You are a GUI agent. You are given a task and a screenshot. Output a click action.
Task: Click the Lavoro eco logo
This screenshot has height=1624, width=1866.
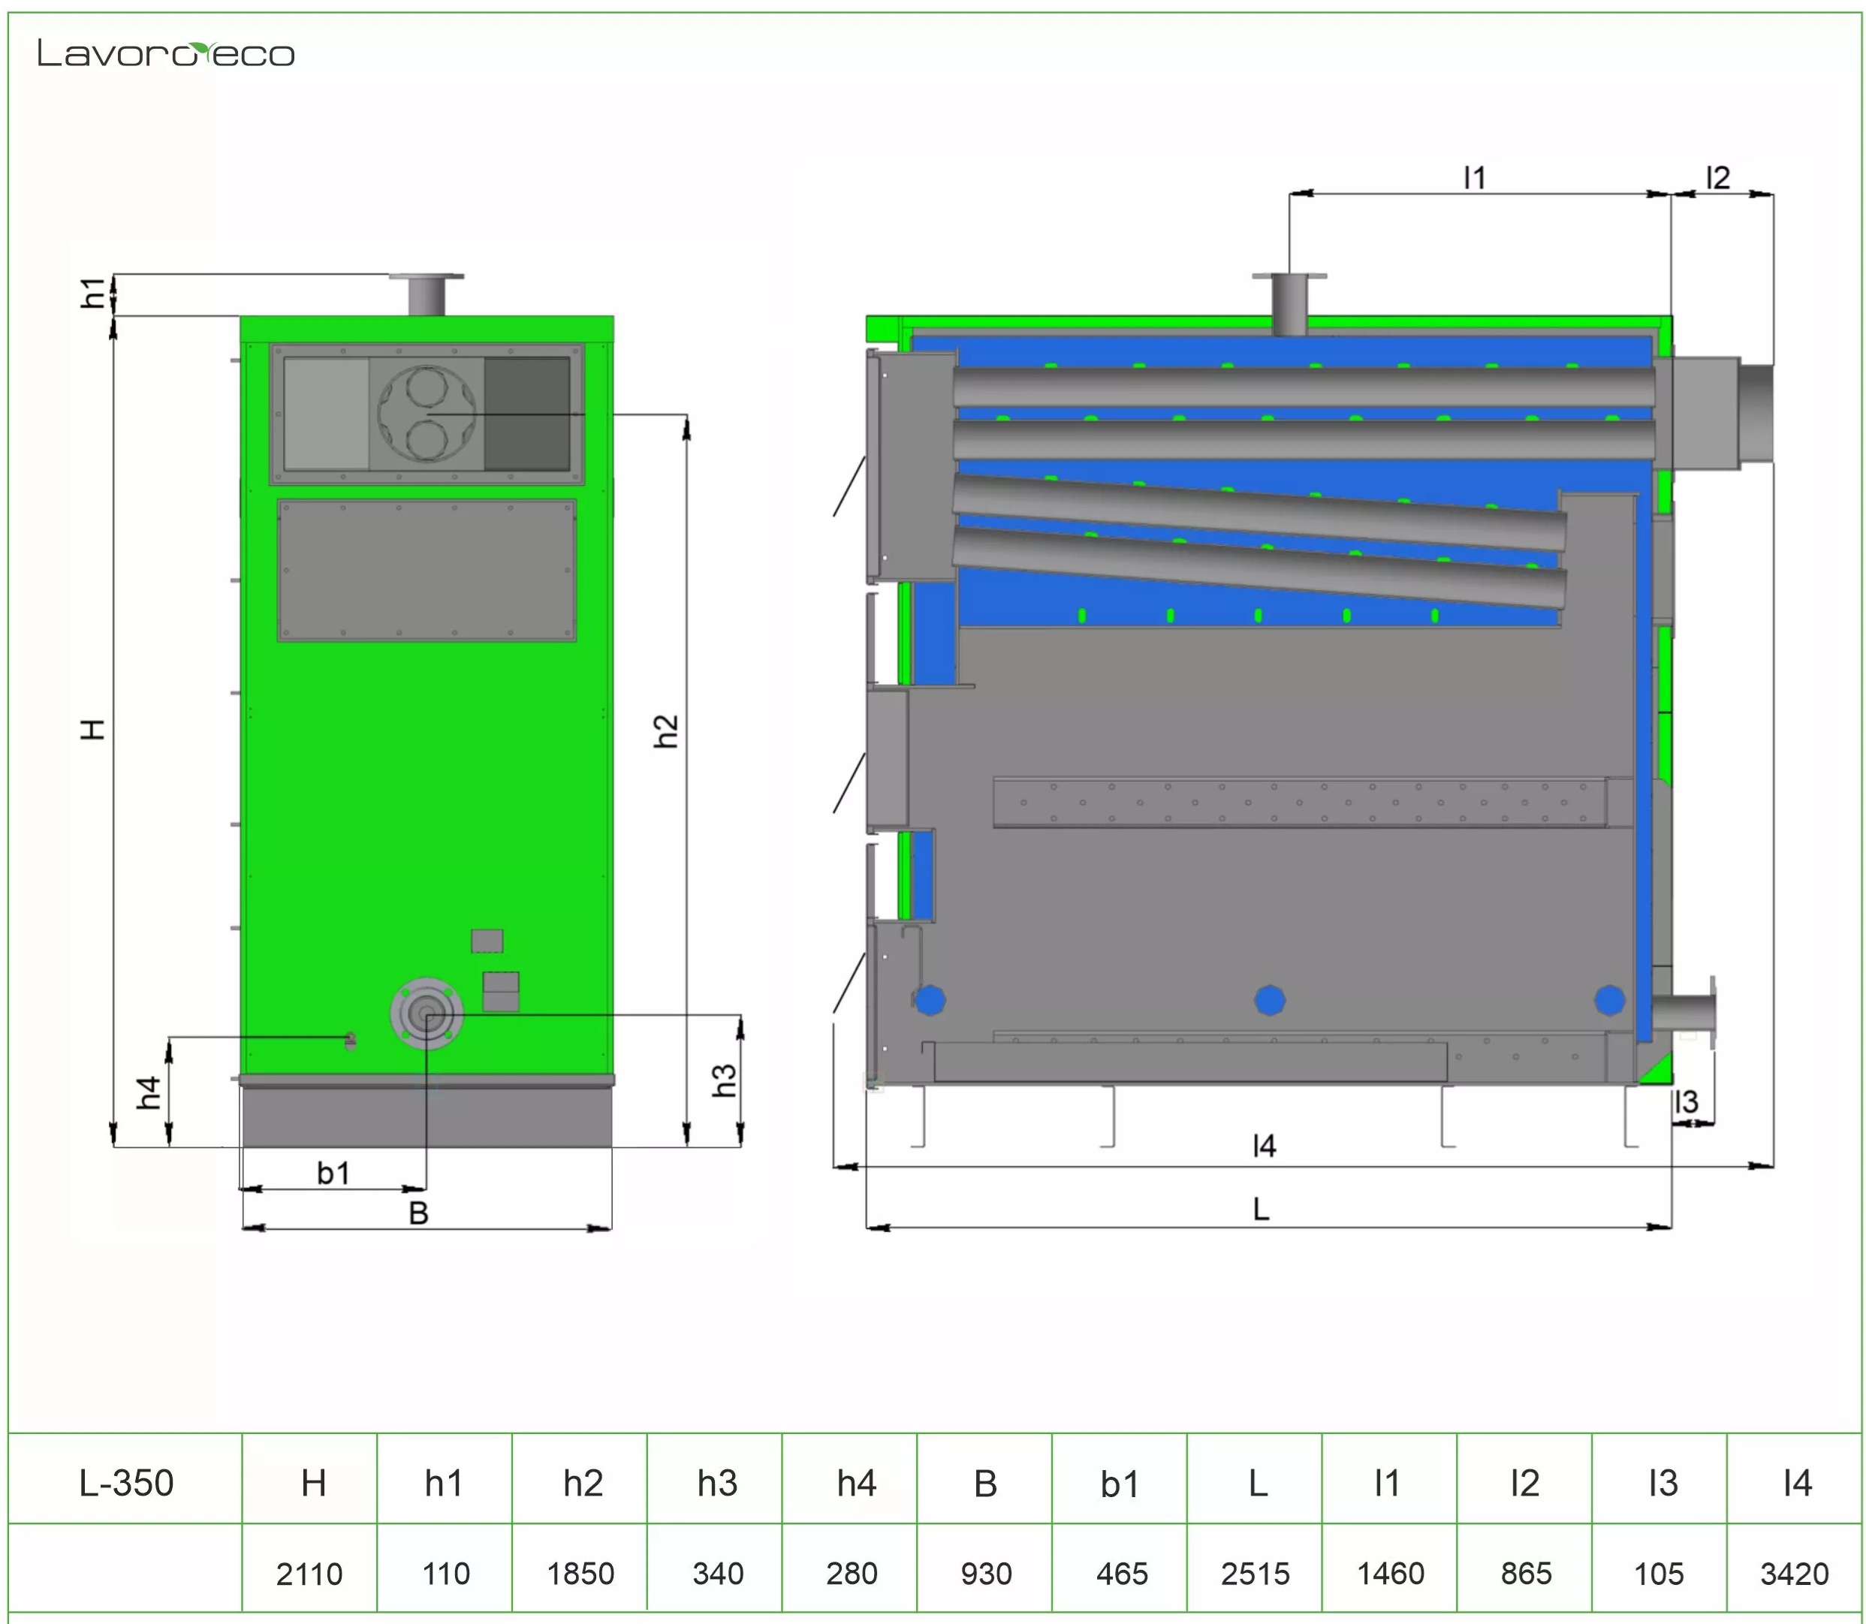166,53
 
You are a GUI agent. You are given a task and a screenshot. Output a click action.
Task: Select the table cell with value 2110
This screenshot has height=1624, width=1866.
309,1573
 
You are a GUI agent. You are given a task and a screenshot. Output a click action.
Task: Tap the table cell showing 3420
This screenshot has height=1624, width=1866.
1795,1573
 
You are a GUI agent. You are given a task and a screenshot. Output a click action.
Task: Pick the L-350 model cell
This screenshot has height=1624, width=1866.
126,1484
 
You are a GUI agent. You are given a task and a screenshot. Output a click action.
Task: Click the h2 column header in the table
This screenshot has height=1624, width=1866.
583,1484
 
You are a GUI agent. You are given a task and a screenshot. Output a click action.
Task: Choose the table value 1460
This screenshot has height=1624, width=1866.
1390,1573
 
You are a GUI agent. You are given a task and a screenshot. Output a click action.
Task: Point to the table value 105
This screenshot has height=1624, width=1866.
1659,1573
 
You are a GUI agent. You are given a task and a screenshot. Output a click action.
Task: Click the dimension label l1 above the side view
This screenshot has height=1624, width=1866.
1475,178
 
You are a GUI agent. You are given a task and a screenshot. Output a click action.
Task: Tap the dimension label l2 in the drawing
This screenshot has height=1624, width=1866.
1717,178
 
